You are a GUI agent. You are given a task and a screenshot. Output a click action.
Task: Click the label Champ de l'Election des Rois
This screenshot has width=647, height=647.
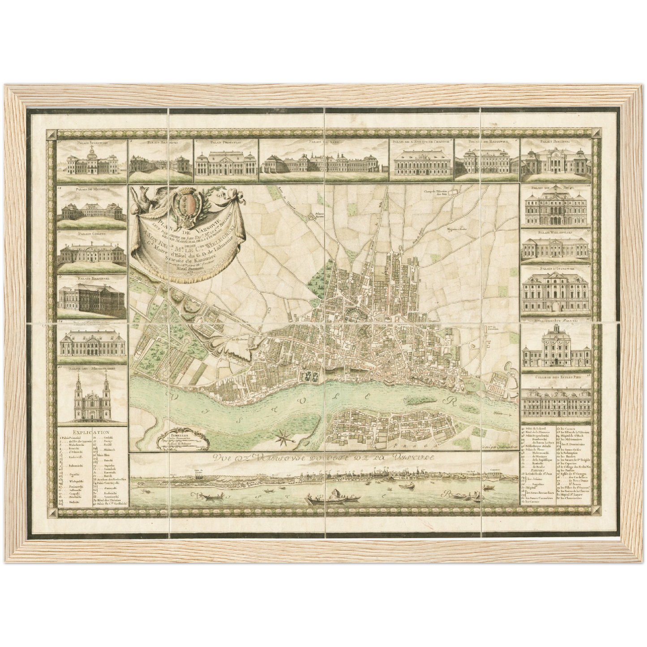(438, 193)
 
